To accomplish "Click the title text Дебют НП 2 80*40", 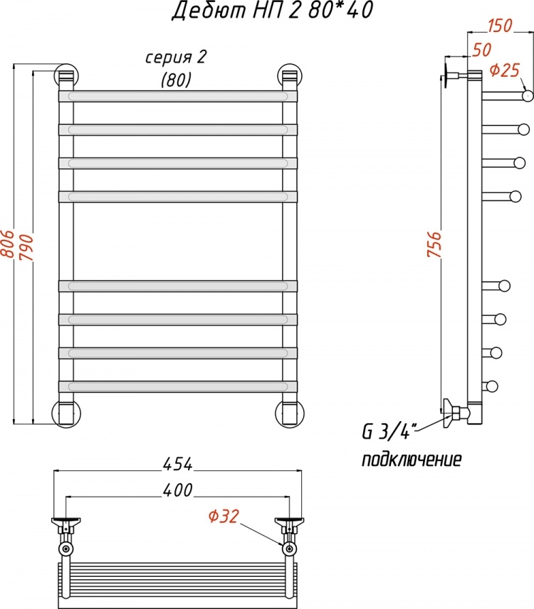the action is (x=273, y=11).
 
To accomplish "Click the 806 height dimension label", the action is (x=7, y=244).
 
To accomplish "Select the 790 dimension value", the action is (x=26, y=248).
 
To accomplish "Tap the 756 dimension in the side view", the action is (x=434, y=244).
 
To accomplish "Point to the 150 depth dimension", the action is (x=500, y=26).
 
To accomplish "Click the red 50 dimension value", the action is (x=482, y=50).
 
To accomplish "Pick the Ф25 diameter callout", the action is (x=505, y=70).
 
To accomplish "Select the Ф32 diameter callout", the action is (x=223, y=517).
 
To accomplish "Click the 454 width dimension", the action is (x=178, y=464).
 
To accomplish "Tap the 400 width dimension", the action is (x=177, y=490).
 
